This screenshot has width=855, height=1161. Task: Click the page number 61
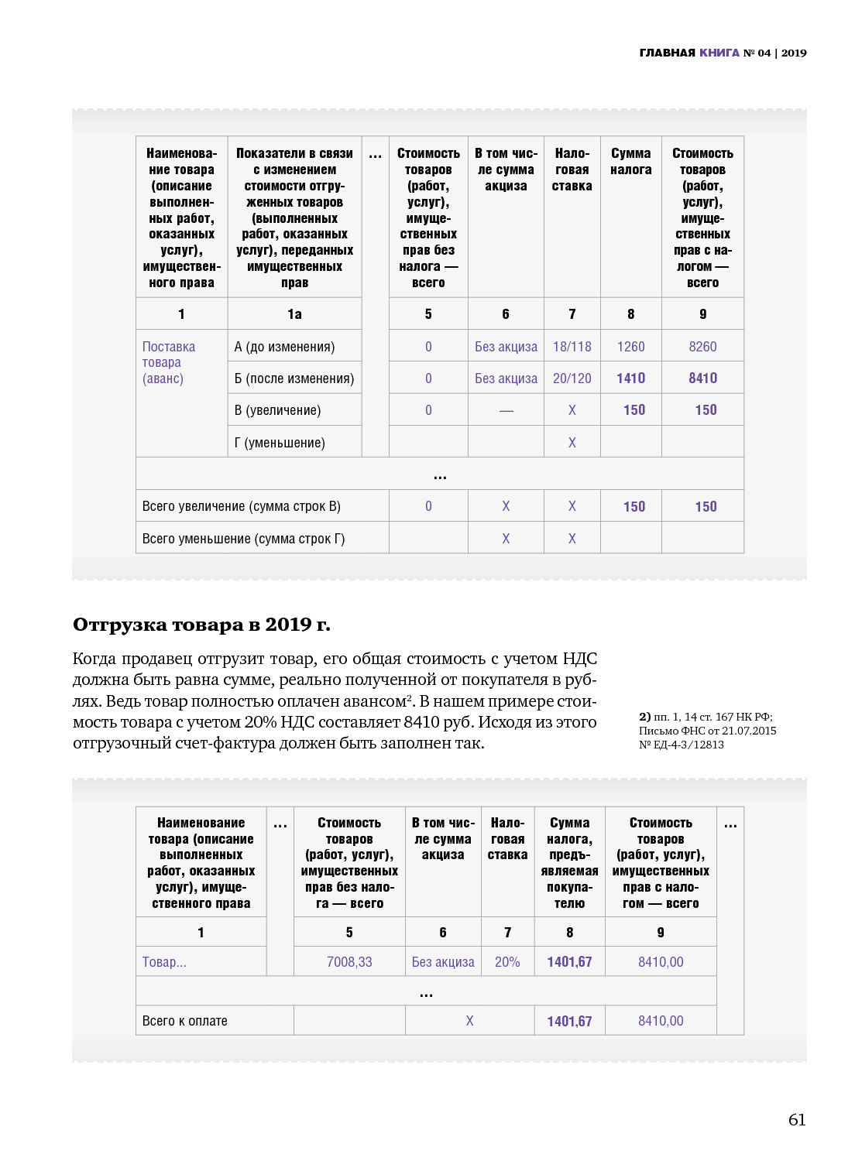(797, 1119)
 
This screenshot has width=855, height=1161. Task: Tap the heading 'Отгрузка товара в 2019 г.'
(201, 625)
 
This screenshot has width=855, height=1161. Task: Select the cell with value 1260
(630, 347)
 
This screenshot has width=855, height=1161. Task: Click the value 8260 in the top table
(702, 347)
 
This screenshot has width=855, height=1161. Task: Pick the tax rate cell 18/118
(572, 347)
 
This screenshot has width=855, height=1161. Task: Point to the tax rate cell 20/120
(572, 378)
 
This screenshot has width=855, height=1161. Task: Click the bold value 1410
(630, 378)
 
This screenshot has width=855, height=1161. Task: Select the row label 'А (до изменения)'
(284, 347)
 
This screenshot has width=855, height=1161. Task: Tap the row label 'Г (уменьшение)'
(280, 443)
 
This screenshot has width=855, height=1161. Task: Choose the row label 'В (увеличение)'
(277, 410)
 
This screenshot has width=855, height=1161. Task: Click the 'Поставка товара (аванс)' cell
(168, 362)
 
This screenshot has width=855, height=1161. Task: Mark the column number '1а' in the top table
(294, 314)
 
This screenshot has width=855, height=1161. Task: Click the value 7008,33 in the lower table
(349, 962)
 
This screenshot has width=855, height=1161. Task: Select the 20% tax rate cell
(507, 962)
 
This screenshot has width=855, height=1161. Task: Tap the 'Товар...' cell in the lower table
(164, 962)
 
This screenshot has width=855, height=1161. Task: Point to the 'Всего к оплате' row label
(185, 1021)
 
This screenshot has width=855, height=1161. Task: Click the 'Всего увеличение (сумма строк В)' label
(241, 506)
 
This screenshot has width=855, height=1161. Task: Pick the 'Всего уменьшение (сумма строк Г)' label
(243, 539)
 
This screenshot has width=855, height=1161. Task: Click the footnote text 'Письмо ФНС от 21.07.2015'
(707, 731)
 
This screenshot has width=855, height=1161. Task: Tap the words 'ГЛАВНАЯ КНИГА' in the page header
(689, 53)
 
